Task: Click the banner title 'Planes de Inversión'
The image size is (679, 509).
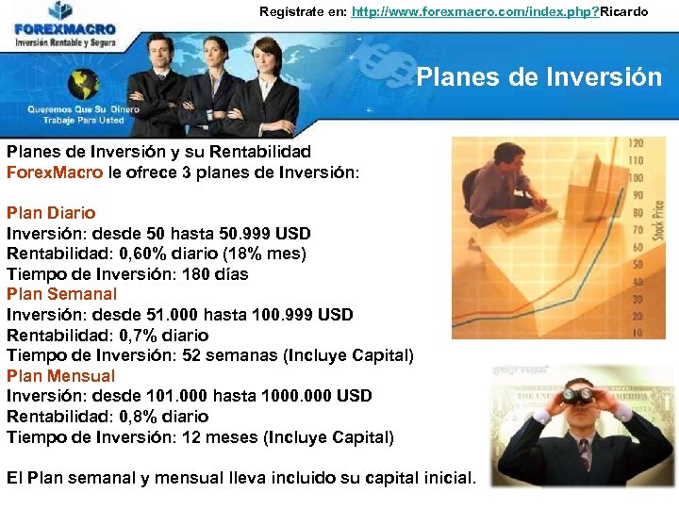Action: coord(538,76)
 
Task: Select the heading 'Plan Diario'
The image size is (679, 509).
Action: coord(51,213)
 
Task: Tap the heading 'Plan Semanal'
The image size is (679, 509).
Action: coord(62,294)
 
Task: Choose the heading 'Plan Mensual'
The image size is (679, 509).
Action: coord(60,375)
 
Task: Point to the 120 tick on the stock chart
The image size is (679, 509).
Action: coord(636,144)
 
